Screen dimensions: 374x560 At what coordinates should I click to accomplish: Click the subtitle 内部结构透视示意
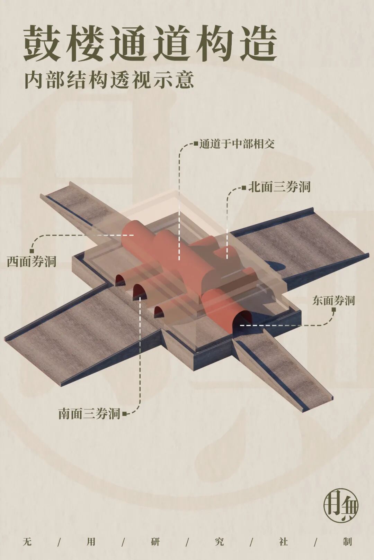[x=109, y=80]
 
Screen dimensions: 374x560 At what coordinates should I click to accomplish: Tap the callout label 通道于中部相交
[x=237, y=144]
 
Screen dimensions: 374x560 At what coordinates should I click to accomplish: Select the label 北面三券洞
[x=279, y=187]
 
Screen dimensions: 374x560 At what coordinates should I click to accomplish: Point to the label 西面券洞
[x=32, y=261]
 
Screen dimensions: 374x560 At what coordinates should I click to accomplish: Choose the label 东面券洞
[x=333, y=300]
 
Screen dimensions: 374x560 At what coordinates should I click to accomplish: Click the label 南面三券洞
[x=89, y=414]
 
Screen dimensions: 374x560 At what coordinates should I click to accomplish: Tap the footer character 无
[x=27, y=541]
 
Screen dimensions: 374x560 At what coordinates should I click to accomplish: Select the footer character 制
[x=347, y=541]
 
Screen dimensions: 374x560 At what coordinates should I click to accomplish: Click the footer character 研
[x=155, y=541]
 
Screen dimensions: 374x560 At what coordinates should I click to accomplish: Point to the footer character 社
[x=283, y=541]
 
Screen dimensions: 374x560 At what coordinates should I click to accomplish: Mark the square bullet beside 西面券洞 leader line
[x=32, y=251]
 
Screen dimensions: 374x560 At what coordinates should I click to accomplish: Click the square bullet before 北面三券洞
[x=244, y=188]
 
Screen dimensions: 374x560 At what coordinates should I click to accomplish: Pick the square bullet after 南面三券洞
[x=125, y=413]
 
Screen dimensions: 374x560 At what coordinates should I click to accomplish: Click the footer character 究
[x=219, y=541]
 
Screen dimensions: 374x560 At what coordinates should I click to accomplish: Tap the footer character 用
[x=91, y=541]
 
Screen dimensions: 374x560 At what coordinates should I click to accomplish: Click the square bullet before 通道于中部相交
[x=196, y=143]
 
